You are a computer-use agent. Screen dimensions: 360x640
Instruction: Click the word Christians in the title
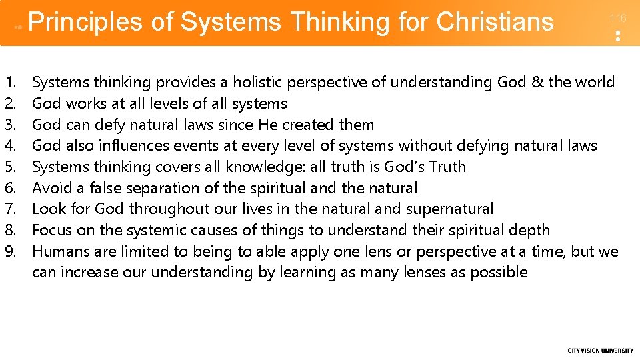point(495,23)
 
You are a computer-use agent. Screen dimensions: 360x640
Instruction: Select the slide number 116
point(618,19)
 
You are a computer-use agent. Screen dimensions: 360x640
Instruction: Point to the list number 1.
point(10,83)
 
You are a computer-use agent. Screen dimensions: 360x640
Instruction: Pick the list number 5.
point(10,167)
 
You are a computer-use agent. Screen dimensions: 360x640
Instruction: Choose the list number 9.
point(10,251)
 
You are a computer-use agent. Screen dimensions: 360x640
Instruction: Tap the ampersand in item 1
point(537,83)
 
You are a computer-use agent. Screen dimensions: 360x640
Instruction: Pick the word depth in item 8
point(529,231)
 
